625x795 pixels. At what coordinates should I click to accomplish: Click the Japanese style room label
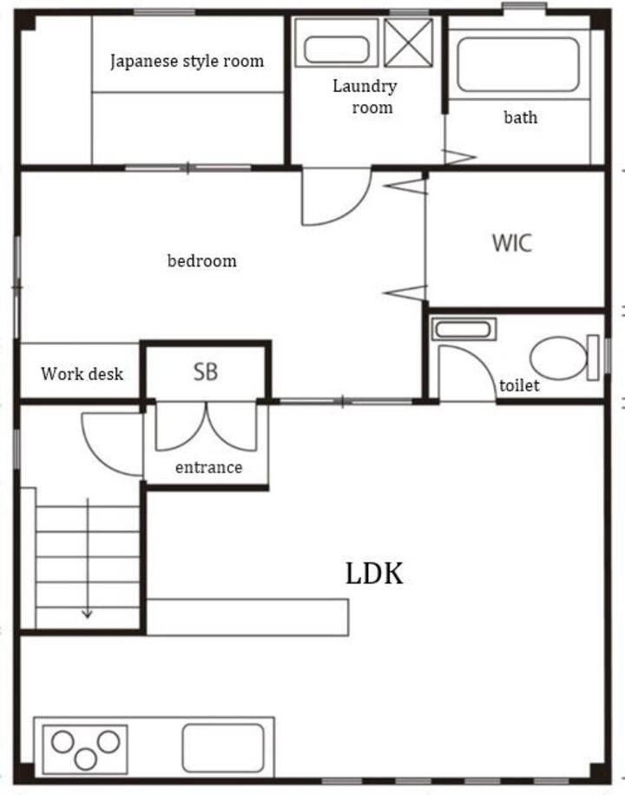click(x=187, y=62)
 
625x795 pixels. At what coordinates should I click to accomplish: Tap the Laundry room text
click(x=365, y=96)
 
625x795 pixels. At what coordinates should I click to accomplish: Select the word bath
click(x=521, y=117)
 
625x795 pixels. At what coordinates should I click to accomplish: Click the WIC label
click(x=512, y=243)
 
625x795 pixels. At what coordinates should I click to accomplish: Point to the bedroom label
click(x=202, y=260)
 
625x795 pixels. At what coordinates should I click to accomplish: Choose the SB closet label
click(x=206, y=371)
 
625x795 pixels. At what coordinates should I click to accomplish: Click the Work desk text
click(x=82, y=374)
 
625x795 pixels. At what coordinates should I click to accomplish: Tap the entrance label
click(x=208, y=467)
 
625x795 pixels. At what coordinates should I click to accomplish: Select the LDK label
click(x=374, y=574)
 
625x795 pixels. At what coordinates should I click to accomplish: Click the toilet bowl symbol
click(x=558, y=358)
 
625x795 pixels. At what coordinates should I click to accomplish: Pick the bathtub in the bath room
click(x=518, y=64)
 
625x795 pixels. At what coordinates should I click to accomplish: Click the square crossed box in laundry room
click(x=408, y=43)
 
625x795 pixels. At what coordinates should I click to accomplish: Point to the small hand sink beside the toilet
click(x=464, y=329)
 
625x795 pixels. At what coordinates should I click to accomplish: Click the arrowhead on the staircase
click(x=88, y=614)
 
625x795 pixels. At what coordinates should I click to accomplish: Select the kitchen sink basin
click(x=223, y=747)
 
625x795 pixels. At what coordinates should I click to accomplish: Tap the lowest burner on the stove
click(x=86, y=759)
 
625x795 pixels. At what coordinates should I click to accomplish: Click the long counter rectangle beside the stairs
click(x=247, y=617)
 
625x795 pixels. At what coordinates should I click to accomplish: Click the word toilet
click(x=519, y=386)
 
